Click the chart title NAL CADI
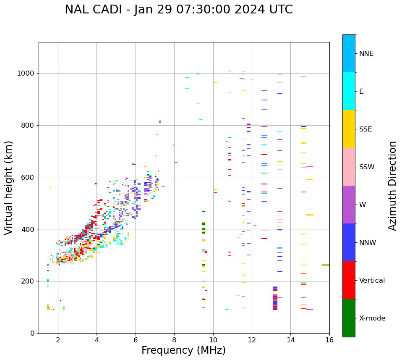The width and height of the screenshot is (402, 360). [x=179, y=10]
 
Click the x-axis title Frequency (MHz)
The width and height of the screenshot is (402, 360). [x=183, y=350]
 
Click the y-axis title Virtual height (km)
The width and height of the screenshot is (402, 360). [x=9, y=187]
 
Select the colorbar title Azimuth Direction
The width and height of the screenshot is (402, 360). [x=392, y=185]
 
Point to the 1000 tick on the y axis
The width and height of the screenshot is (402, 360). [x=27, y=73]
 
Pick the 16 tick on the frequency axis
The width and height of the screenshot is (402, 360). [x=329, y=339]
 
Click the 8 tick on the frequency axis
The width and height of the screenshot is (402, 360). [x=174, y=339]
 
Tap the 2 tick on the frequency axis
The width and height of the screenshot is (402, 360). [x=58, y=339]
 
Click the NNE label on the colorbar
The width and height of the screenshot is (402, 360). [x=366, y=54]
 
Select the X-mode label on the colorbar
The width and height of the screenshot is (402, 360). [x=372, y=318]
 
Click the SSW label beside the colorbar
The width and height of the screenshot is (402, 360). [x=367, y=167]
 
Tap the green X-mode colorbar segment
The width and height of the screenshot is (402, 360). [x=349, y=318]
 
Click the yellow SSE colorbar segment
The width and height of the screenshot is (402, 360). [x=349, y=129]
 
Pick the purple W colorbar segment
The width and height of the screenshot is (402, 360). [x=349, y=205]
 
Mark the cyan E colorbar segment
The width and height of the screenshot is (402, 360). [x=349, y=91]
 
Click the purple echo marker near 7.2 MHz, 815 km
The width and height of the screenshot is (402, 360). [x=160, y=121]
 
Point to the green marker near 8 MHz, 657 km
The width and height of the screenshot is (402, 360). [x=176, y=162]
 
